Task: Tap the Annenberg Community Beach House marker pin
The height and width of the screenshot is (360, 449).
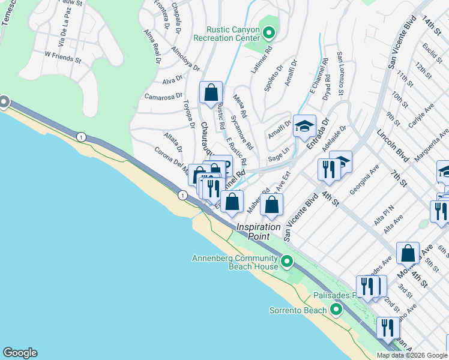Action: click(x=287, y=261)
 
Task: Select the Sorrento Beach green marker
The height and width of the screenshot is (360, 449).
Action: click(x=336, y=310)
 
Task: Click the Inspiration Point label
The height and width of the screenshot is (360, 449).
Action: click(x=258, y=232)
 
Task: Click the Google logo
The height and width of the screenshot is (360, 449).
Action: click(x=20, y=353)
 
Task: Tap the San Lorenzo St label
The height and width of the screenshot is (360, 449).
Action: click(x=340, y=73)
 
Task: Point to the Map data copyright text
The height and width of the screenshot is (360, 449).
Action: click(x=412, y=355)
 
